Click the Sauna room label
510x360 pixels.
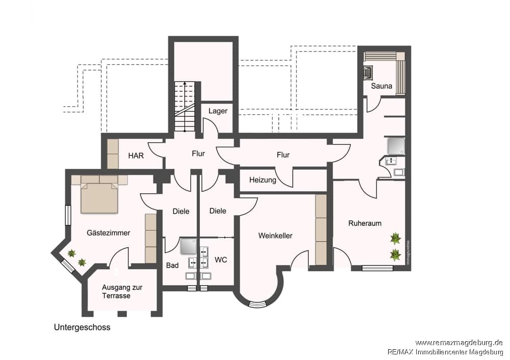381,86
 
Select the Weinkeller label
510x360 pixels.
275,236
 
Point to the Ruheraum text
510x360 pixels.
365,223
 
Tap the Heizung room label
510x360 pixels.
263,180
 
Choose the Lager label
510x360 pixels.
218,111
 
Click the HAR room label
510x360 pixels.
136,156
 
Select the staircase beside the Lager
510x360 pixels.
185,107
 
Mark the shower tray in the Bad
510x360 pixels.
189,246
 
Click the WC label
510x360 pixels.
221,260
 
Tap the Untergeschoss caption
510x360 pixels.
82,327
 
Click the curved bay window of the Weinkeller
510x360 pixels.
257,305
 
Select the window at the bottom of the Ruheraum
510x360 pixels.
377,268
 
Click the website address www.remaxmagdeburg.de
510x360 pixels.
459,343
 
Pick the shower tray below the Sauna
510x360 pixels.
396,146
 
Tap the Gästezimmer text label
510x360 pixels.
108,233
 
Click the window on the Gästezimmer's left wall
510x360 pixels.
68,215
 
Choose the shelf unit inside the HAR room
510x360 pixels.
113,154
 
